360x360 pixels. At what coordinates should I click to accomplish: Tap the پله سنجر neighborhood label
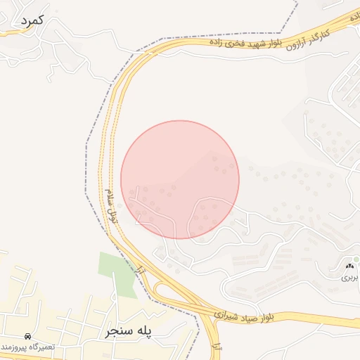pos(130,330)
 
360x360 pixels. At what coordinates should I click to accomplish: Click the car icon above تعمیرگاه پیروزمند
pos(27,337)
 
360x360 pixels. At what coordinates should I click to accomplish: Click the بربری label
pos(350,278)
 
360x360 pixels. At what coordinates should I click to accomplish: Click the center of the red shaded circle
pos(180,179)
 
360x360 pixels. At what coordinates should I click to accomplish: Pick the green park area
pos(116,271)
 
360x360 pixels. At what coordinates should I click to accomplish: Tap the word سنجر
pos(117,330)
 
